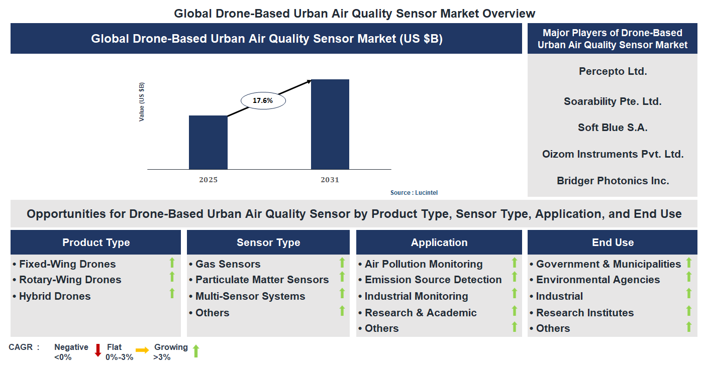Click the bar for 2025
[x=208, y=143]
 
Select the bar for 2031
[x=330, y=125]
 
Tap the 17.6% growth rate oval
[x=263, y=100]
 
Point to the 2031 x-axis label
[x=330, y=180]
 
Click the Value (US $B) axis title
[x=142, y=102]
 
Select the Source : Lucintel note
[x=411, y=193]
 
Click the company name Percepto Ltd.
[x=613, y=71]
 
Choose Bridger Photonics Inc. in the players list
[x=613, y=181]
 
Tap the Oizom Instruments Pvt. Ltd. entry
[x=613, y=154]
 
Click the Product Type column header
[x=96, y=242]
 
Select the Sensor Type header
[x=268, y=242]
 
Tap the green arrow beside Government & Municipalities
[x=689, y=263]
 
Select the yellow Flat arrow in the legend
[x=142, y=350]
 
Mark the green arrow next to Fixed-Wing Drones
[x=172, y=262]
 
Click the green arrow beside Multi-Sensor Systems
[x=342, y=293]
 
